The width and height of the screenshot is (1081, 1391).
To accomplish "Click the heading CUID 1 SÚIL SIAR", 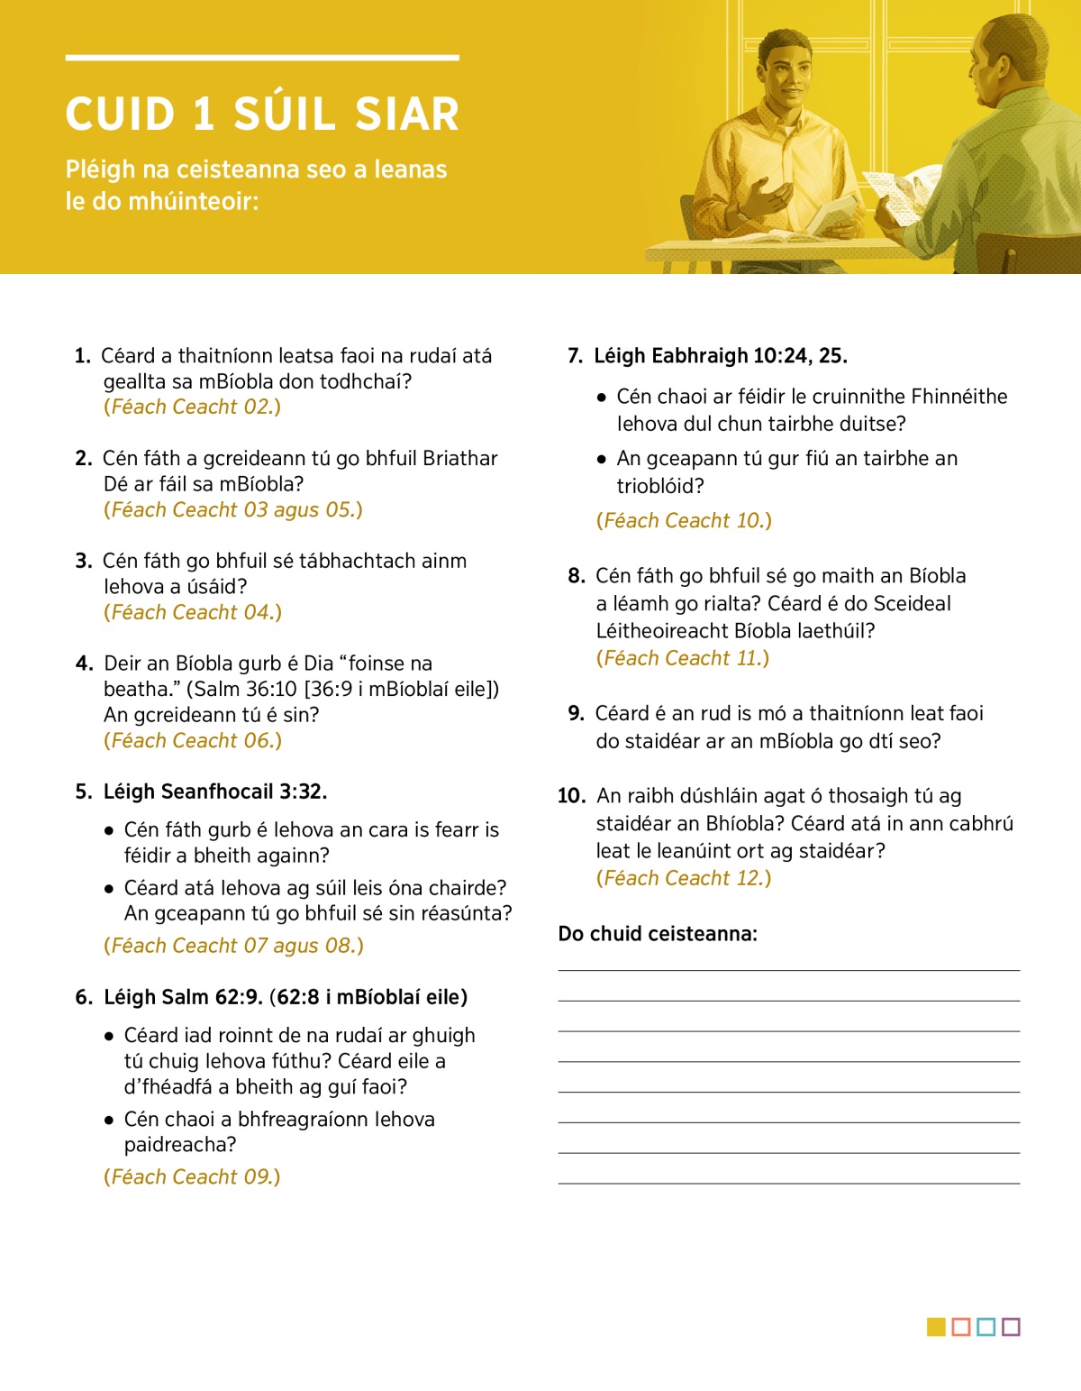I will click(x=262, y=114).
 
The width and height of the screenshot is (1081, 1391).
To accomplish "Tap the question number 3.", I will click(x=84, y=562).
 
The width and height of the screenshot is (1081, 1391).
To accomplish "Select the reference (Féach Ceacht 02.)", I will click(x=192, y=407).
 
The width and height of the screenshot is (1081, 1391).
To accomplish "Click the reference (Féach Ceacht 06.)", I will click(x=193, y=741).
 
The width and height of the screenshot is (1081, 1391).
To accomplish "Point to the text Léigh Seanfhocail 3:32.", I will click(x=215, y=792).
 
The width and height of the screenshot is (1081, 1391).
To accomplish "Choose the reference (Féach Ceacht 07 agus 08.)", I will click(x=233, y=947).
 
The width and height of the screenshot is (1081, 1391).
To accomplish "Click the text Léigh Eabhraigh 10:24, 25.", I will click(x=720, y=356).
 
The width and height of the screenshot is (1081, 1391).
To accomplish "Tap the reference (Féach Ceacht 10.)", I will click(x=684, y=521).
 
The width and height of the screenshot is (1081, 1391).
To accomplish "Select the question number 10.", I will click(x=571, y=796).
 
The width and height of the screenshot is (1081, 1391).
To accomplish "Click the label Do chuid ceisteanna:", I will click(x=658, y=934).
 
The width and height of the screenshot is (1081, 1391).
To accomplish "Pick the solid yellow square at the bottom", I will click(x=936, y=1327).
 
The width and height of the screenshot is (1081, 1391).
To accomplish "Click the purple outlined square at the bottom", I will click(x=1011, y=1327).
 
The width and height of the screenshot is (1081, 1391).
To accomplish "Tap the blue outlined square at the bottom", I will click(x=986, y=1327).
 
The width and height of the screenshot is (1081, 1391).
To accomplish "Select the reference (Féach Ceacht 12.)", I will click(x=684, y=879).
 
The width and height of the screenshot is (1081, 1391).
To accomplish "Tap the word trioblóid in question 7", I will click(x=659, y=487).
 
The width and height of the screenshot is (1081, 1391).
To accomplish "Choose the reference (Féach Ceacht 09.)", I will click(x=192, y=1177).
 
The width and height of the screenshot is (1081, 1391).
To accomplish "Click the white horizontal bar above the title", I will click(x=262, y=58).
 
